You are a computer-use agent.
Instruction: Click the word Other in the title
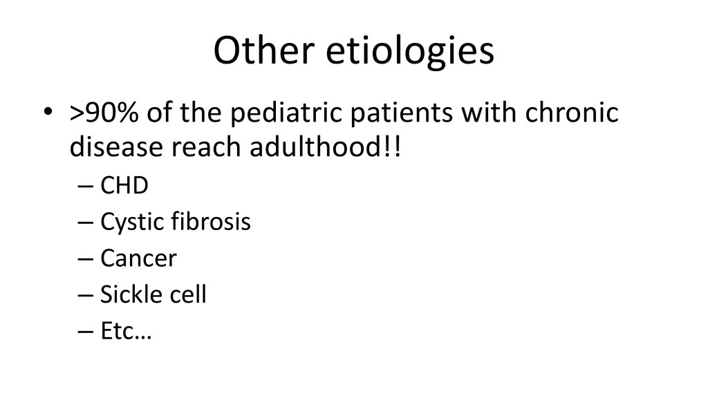[263, 50]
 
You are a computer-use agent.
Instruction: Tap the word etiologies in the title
[410, 53]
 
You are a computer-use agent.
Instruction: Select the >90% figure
[104, 113]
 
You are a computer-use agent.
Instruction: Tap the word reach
[206, 146]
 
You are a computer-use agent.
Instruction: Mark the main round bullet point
[48, 111]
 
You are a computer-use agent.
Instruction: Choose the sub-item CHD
[124, 185]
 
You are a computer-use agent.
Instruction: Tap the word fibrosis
[211, 221]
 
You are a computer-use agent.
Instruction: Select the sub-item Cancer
[138, 258]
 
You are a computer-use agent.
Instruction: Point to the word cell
[188, 294]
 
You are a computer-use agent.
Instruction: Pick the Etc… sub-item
[126, 331]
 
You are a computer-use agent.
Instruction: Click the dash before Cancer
[85, 260]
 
